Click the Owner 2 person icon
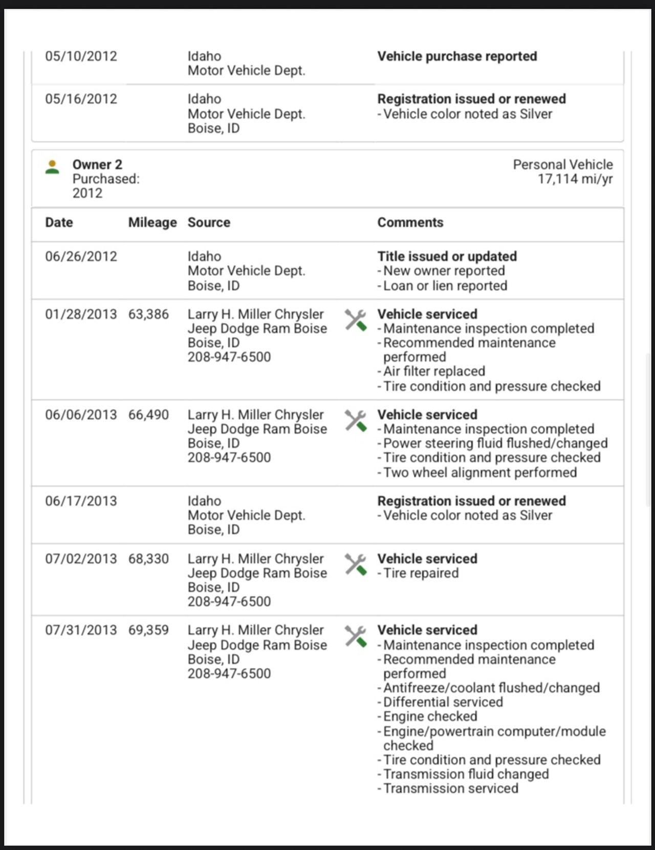point(52,167)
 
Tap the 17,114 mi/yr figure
point(575,179)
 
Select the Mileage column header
point(152,223)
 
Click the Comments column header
point(410,223)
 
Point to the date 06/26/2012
point(81,257)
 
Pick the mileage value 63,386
point(148,314)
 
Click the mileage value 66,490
point(148,415)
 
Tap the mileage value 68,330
point(148,559)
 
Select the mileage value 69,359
point(148,630)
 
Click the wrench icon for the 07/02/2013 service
point(355,565)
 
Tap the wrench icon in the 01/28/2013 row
point(355,320)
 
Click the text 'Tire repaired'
point(421,573)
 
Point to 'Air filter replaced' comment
point(434,372)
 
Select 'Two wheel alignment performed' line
point(479,473)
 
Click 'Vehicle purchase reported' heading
point(457,56)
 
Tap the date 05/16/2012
point(81,99)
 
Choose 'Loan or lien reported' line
point(445,286)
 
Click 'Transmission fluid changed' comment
point(466,774)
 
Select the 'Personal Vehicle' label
point(562,165)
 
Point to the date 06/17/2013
point(81,501)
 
